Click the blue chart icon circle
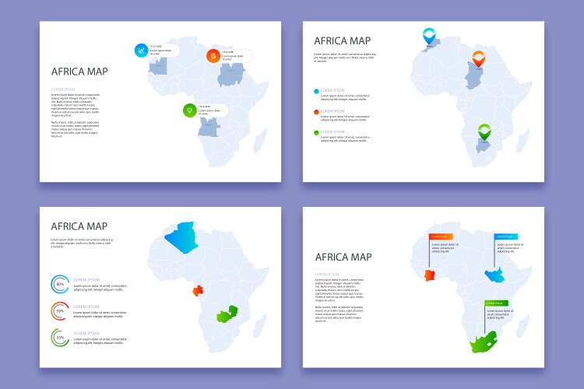(x=141, y=51)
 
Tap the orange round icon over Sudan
(x=213, y=56)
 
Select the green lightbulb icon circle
(x=188, y=110)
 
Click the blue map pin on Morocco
(x=428, y=34)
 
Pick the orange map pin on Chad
(x=478, y=56)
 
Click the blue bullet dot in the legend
(x=317, y=91)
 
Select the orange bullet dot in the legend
(x=317, y=112)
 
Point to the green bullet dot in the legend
(x=317, y=133)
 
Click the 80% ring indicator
(x=60, y=285)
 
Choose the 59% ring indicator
(x=60, y=311)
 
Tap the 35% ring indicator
(x=60, y=338)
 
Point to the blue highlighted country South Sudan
(x=493, y=275)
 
